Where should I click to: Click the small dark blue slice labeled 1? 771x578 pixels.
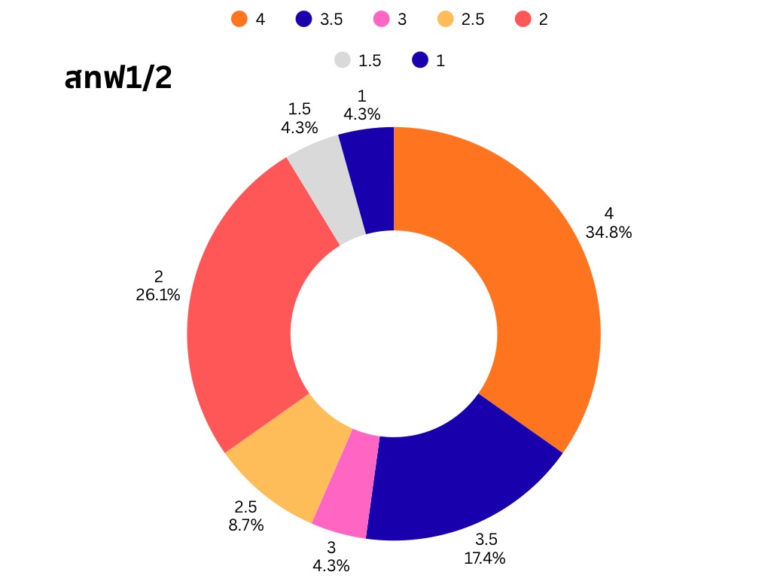coord(370,181)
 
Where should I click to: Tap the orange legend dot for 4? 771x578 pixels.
coord(239,20)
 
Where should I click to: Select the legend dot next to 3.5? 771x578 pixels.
coord(304,20)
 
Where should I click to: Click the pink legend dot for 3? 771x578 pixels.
coord(382,20)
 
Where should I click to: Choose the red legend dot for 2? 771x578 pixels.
coord(523,20)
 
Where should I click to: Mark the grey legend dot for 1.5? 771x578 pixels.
coord(343,60)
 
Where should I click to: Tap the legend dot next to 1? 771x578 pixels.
coord(420,60)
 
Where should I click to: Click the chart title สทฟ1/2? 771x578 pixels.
coord(118,78)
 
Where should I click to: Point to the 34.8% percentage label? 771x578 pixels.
coord(608,233)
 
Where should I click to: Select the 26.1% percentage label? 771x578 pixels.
coord(158,296)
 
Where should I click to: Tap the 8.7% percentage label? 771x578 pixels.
coord(246,525)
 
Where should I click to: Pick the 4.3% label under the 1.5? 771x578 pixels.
coord(299,128)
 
